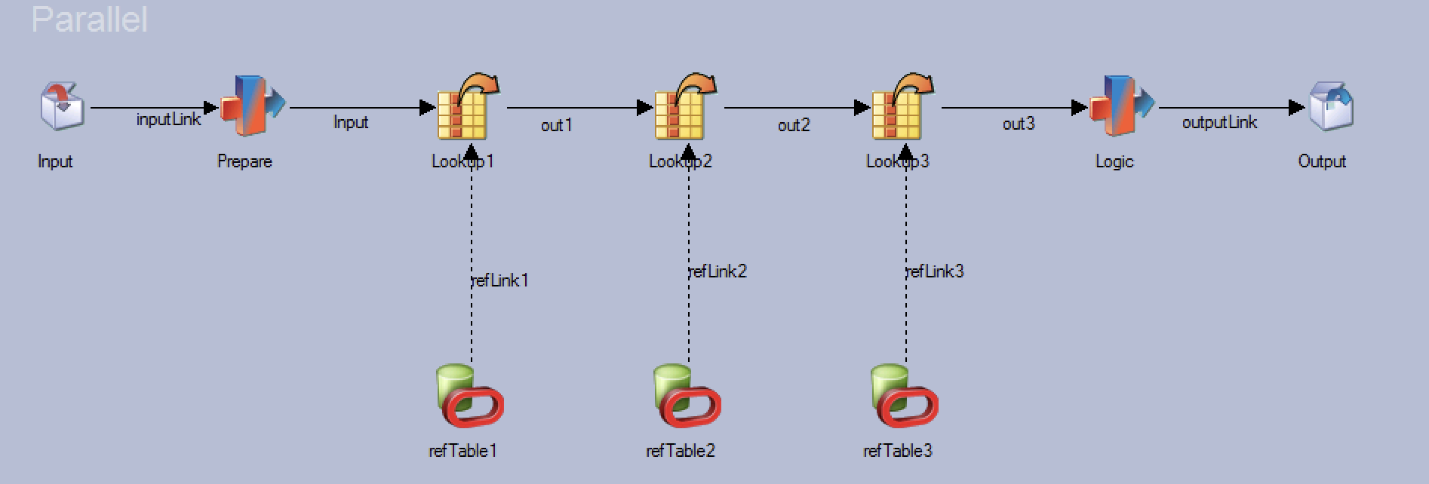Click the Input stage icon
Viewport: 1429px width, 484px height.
pyautogui.click(x=62, y=106)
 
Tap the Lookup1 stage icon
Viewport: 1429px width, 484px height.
pyautogui.click(x=467, y=106)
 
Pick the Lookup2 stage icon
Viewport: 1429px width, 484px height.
pyautogui.click(x=684, y=106)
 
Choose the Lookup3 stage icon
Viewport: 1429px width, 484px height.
pyautogui.click(x=902, y=106)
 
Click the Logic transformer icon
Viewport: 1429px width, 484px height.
pyautogui.click(x=1120, y=106)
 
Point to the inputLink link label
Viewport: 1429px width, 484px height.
pyautogui.click(x=168, y=120)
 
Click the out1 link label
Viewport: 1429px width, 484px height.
pyautogui.click(x=556, y=125)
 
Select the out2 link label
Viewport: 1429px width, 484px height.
pyautogui.click(x=794, y=125)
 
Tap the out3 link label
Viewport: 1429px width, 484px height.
pyautogui.click(x=1018, y=124)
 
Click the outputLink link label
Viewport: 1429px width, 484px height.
pyautogui.click(x=1219, y=122)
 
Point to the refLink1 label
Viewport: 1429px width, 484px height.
pyautogui.click(x=500, y=280)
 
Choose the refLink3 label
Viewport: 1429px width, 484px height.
pyautogui.click(x=935, y=271)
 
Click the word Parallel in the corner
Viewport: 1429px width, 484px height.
pyautogui.click(x=89, y=20)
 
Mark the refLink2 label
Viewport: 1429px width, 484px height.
pyautogui.click(x=718, y=271)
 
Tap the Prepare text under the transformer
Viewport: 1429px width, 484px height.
pyautogui.click(x=244, y=161)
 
